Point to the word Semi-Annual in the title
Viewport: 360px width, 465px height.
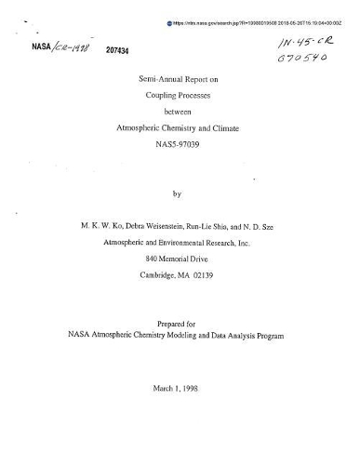[148, 81]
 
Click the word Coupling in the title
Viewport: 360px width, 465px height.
[153, 98]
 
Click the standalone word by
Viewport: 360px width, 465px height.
[180, 194]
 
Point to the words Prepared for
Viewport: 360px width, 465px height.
[180, 319]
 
